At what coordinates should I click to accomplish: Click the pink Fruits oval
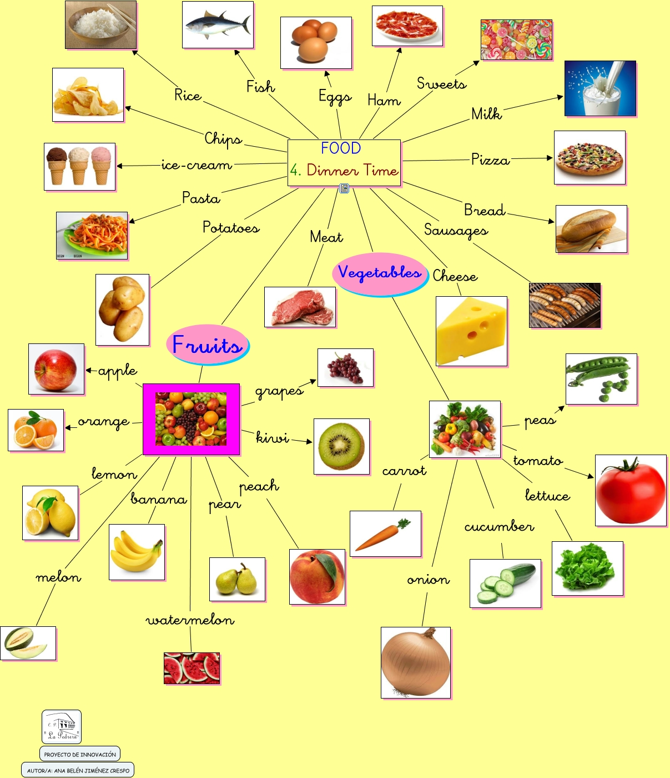[x=208, y=345]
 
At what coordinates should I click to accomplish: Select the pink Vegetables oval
[x=380, y=273]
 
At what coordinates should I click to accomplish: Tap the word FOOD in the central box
[x=341, y=148]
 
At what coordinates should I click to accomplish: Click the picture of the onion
[x=416, y=662]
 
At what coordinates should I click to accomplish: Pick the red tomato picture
[x=631, y=490]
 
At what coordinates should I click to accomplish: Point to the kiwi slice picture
[x=341, y=446]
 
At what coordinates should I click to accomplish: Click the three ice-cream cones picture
[x=79, y=166]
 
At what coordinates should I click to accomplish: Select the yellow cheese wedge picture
[x=471, y=331]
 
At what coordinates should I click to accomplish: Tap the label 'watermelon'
[x=190, y=620]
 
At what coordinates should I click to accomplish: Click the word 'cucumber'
[x=499, y=526]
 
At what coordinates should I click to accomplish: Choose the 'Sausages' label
[x=456, y=230]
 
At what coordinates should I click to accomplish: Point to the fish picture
[x=218, y=25]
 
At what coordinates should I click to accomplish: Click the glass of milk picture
[x=600, y=88]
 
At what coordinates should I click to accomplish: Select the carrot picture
[x=385, y=533]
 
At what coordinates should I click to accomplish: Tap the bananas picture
[x=137, y=552]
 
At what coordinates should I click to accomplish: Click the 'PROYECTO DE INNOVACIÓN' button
[x=80, y=754]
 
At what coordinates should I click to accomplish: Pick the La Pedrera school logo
[x=62, y=726]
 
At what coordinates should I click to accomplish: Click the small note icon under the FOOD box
[x=344, y=188]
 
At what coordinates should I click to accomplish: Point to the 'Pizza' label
[x=490, y=160]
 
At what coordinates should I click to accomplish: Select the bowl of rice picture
[x=100, y=25]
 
